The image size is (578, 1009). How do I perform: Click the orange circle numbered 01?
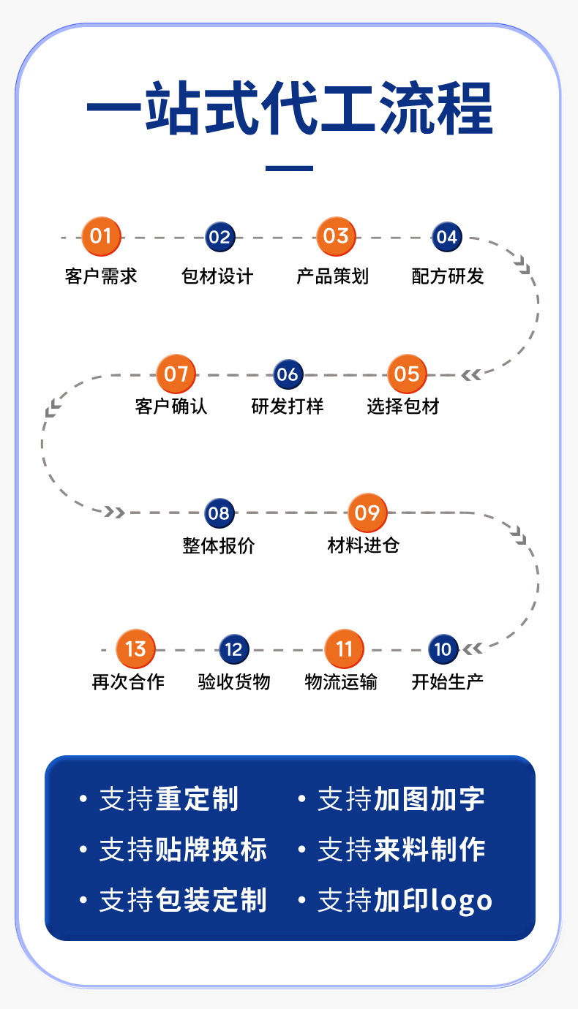101,236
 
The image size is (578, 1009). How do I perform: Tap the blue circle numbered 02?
219,237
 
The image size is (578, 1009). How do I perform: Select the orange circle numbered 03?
336,236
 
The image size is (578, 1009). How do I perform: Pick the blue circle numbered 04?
446,237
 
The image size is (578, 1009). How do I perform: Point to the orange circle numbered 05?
406,374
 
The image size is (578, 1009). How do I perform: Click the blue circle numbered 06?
288,375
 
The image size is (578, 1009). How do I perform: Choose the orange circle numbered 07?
176,374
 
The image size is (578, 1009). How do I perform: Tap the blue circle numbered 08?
219,513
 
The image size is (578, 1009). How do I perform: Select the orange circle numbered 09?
367,513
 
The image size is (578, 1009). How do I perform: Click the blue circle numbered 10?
443,649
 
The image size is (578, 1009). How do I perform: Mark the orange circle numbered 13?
135,649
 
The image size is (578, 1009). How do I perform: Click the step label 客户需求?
101,276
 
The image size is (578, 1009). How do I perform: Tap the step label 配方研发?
448,276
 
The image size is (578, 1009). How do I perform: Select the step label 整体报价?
219,546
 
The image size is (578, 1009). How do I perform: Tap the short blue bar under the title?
289,168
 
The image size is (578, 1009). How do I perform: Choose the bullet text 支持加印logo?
405,900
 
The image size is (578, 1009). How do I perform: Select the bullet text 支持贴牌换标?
183,850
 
